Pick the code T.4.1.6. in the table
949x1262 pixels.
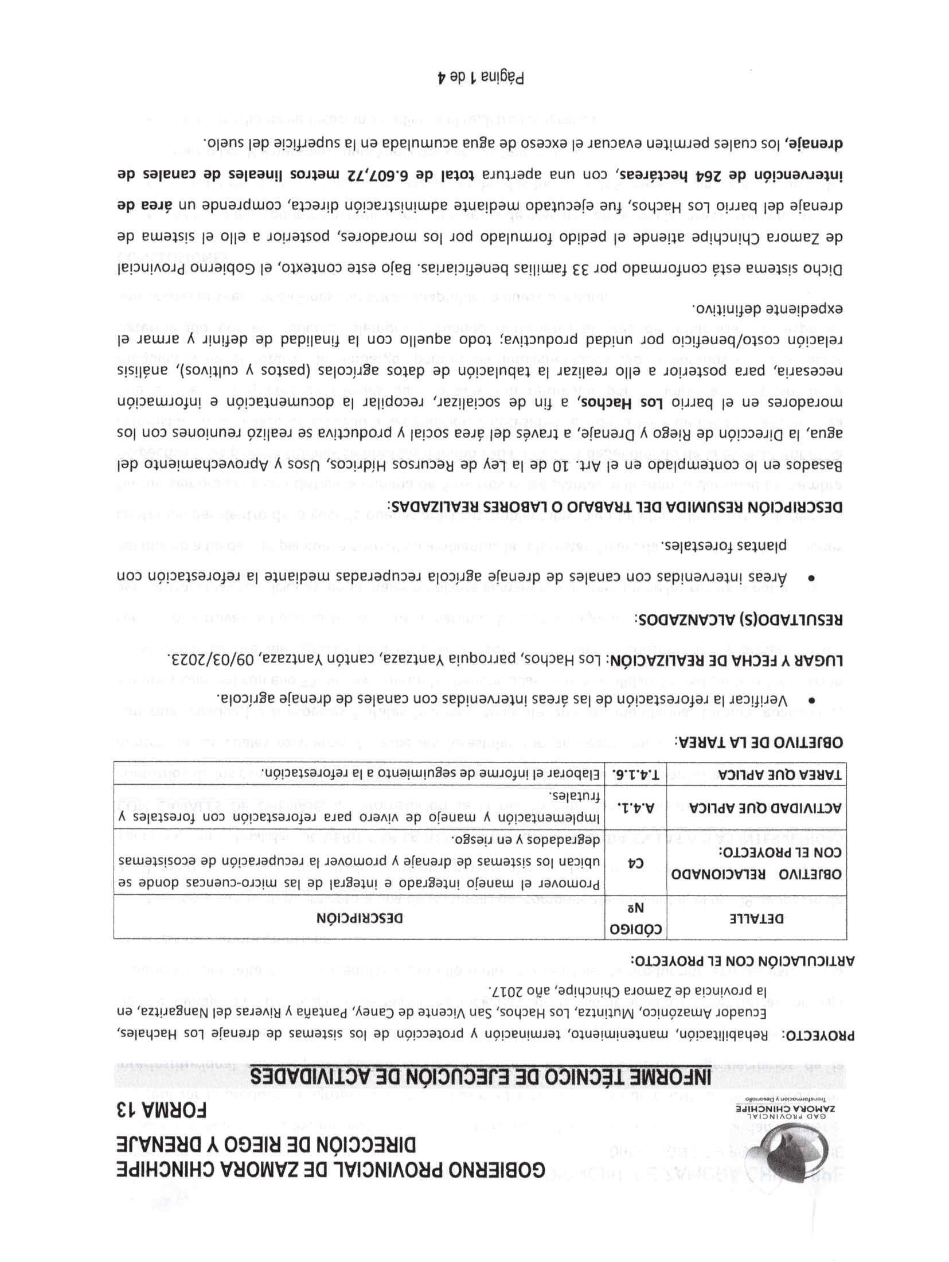pos(637,774)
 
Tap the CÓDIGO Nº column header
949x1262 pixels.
pos(637,918)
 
